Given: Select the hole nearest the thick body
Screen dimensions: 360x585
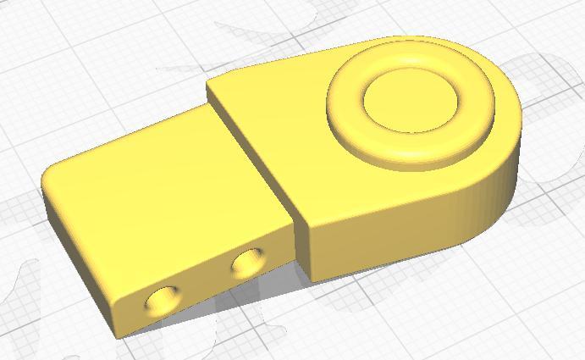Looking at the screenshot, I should tap(249, 263).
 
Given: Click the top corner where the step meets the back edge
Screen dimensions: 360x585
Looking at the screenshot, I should tap(210, 82).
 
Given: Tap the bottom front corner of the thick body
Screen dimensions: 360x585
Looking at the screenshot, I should tap(310, 278).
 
